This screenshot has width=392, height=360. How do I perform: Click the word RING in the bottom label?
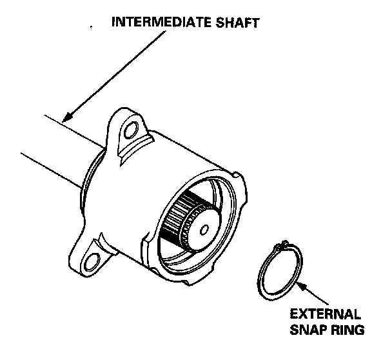coord(349,330)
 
